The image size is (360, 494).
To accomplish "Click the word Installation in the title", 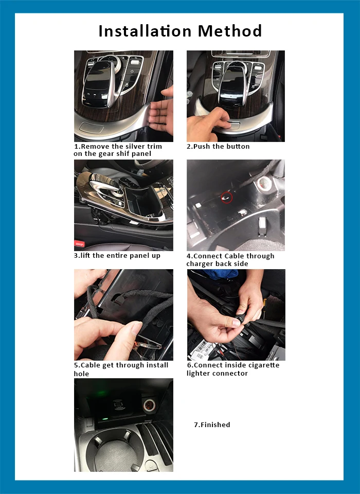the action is pyautogui.click(x=145, y=31).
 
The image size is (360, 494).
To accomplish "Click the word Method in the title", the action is pyautogui.click(x=229, y=31).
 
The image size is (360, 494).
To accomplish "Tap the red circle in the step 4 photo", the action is pyautogui.click(x=227, y=198).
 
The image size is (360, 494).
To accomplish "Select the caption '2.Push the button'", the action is pyautogui.click(x=218, y=147).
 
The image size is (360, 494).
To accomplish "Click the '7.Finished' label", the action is pyautogui.click(x=212, y=425).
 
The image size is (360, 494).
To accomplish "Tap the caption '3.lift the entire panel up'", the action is pyautogui.click(x=117, y=256).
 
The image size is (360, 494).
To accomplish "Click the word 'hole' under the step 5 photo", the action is pyautogui.click(x=81, y=374).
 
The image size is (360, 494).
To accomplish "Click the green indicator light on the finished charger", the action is pyautogui.click(x=105, y=419).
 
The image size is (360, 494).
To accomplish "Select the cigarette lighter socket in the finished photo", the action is pyautogui.click(x=148, y=405).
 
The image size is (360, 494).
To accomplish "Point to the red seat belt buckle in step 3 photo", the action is pyautogui.click(x=79, y=243).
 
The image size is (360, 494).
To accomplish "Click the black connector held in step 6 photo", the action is pyautogui.click(x=239, y=320).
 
